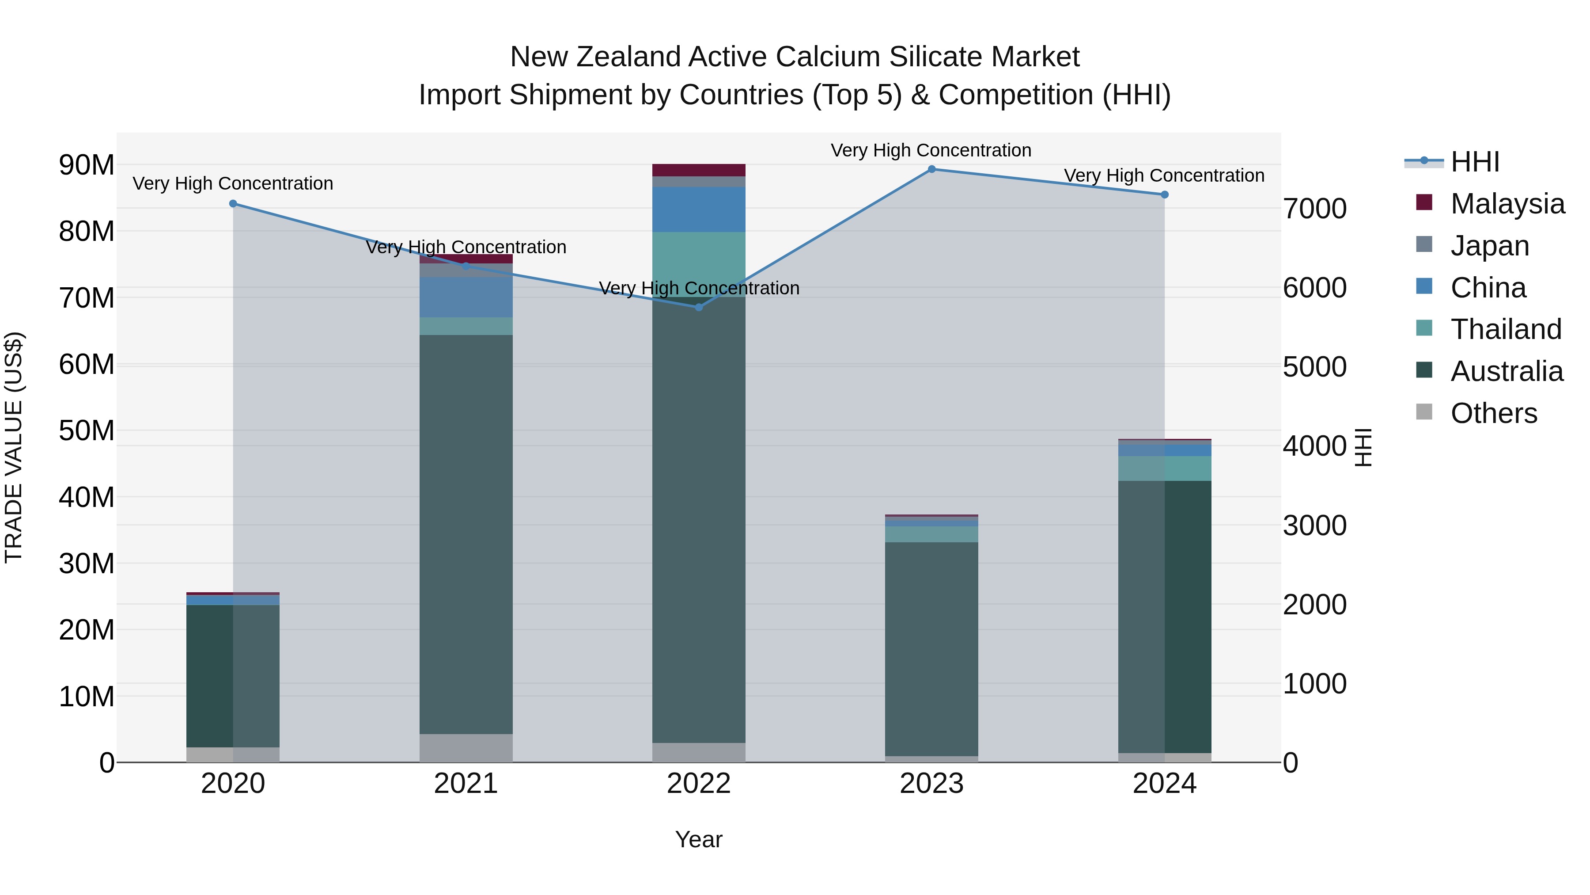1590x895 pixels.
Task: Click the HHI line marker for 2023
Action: pos(931,169)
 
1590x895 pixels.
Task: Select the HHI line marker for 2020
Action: pos(233,204)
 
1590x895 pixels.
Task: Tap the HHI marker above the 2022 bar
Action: pos(699,307)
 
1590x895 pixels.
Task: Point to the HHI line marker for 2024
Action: pos(1164,194)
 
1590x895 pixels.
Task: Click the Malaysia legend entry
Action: pos(1507,204)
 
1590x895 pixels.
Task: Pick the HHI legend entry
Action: pos(1474,162)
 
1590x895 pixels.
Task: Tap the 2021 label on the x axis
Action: pos(466,783)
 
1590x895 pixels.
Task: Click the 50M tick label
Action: pos(87,430)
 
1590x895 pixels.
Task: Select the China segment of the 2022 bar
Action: pos(699,209)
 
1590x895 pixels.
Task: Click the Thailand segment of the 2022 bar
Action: pos(699,264)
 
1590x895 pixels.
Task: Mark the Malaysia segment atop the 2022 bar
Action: pos(699,170)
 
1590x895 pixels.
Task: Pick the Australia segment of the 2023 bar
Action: pos(931,648)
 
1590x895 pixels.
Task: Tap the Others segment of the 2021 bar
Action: pos(466,747)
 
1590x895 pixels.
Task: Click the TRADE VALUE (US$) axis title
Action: pos(14,447)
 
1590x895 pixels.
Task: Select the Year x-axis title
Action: pos(699,839)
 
